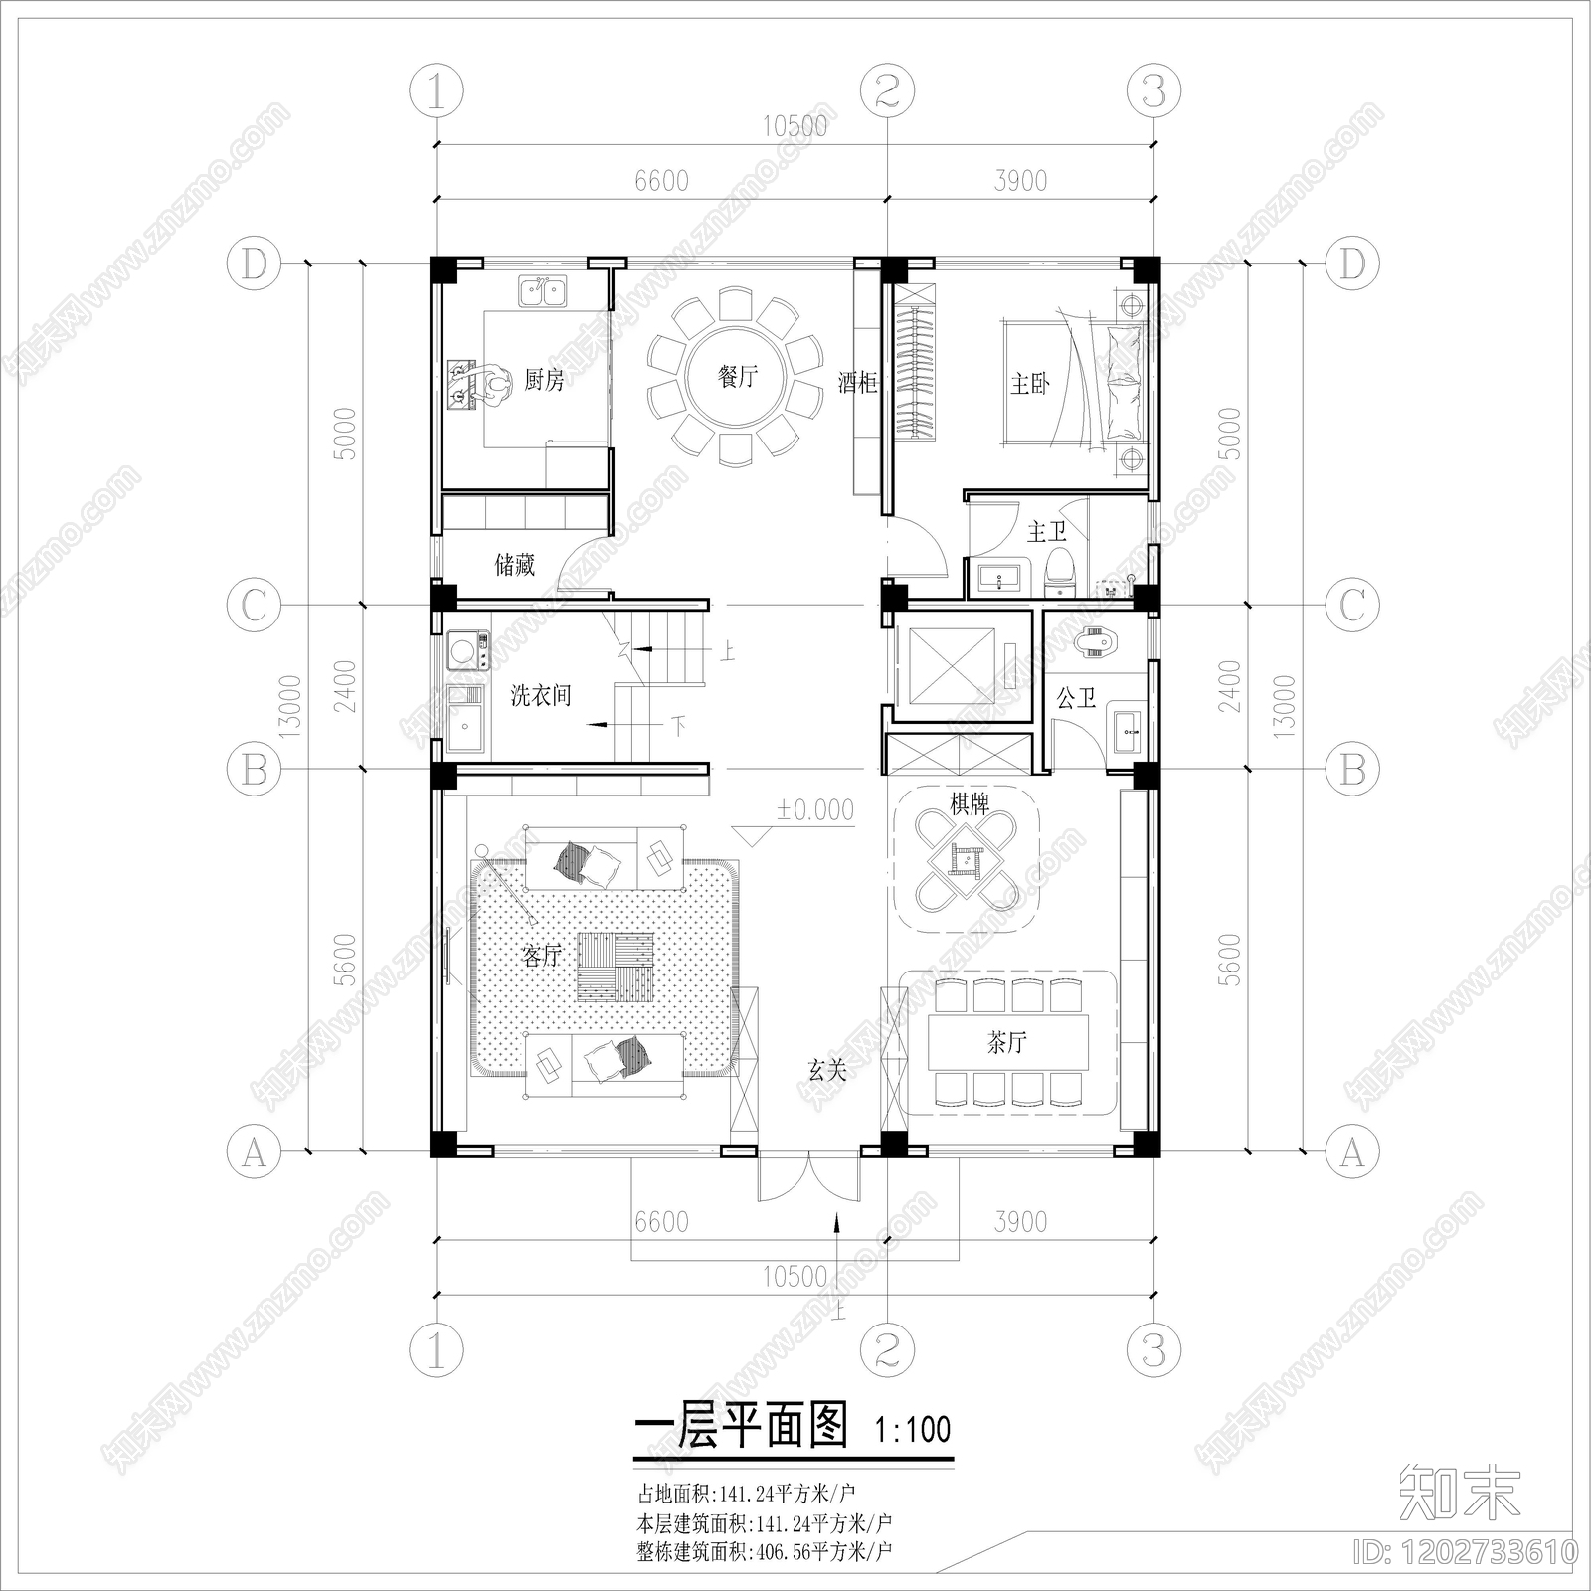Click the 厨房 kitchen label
point(544,380)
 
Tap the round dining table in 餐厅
point(737,377)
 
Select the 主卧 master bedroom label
point(1029,384)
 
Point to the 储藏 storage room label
point(515,565)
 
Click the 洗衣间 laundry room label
point(541,695)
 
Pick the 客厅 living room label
point(542,956)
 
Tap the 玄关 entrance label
point(827,1071)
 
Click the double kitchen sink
point(543,292)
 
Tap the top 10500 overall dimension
point(795,126)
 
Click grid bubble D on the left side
point(255,264)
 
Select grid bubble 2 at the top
point(887,91)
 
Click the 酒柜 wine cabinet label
point(856,382)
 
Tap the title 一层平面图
point(741,1426)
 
